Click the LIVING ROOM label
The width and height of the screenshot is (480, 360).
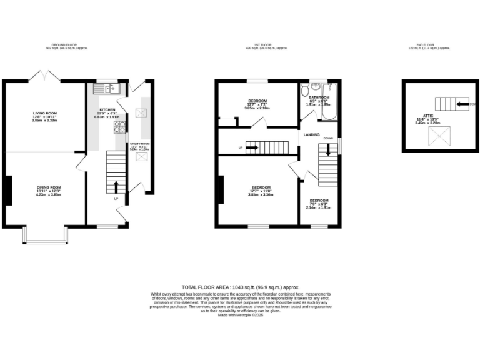tap(45, 113)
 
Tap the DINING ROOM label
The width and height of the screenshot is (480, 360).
tap(48, 187)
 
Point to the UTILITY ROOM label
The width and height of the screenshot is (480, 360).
tap(140, 144)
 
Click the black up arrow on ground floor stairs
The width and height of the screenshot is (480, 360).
tap(116, 186)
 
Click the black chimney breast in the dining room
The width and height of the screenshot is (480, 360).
tap(9, 190)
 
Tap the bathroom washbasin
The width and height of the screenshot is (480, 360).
tap(316, 86)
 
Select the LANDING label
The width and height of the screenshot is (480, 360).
tap(312, 135)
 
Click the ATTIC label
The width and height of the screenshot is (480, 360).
tap(428, 116)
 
